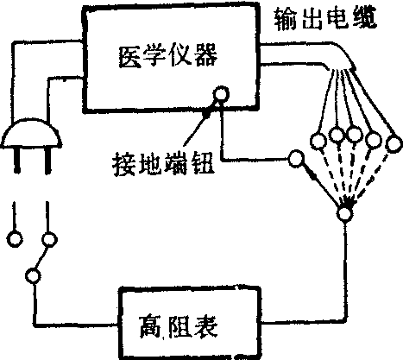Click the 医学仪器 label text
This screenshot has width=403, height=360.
168,56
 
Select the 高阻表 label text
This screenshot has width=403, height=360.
179,327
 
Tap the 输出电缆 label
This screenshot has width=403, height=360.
325,18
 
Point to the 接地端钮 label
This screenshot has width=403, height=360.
163,164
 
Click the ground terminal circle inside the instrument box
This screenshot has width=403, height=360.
221,94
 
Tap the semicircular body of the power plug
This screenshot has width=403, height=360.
32,134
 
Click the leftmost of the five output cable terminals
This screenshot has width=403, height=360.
318,141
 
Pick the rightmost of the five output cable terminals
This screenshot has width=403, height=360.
394,144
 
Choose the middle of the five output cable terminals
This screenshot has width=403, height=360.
354,134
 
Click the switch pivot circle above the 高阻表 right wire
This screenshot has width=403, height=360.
344,214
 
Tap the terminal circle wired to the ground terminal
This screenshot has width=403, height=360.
296,159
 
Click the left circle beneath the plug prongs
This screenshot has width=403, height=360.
15,239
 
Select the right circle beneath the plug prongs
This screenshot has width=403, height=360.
49,239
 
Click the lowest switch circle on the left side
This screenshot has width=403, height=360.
33,275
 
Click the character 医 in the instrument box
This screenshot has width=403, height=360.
130,56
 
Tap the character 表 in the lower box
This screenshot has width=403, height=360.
205,327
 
